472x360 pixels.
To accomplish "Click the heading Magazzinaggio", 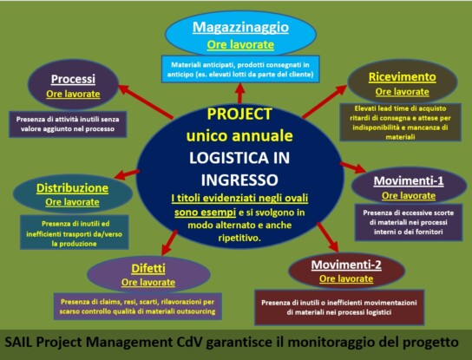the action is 240,28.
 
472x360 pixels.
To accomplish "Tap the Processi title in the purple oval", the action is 73,79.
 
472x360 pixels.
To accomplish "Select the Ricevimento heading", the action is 403,77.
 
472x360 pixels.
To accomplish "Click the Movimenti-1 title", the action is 409,181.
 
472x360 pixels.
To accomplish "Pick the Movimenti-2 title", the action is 346,265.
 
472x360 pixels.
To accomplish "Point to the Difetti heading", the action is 148,268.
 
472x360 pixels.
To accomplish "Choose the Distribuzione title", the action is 72,188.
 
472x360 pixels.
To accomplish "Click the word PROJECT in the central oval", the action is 239,115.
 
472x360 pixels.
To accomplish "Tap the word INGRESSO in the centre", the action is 239,180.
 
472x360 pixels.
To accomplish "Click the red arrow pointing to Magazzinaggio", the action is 240,94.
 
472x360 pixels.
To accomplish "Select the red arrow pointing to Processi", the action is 146,101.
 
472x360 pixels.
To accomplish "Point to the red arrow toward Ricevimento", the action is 324,101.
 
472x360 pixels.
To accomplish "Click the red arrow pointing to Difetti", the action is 169,242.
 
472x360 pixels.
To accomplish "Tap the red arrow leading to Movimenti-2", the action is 328,237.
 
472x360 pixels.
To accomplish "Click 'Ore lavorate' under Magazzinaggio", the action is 240,45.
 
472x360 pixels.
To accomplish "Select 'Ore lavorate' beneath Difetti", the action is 148,282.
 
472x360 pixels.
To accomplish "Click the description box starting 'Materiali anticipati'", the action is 240,69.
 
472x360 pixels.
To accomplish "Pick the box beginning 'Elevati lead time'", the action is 400,122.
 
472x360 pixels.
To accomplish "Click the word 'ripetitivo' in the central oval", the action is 239,238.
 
